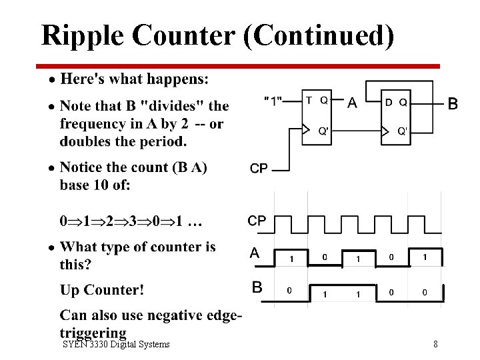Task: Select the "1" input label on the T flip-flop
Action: pyautogui.click(x=274, y=101)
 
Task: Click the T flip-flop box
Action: pyautogui.click(x=317, y=117)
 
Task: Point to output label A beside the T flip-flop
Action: pyautogui.click(x=352, y=103)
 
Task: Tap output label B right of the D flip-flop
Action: pyautogui.click(x=453, y=103)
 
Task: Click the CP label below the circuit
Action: pyautogui.click(x=259, y=169)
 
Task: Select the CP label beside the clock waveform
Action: pyautogui.click(x=257, y=221)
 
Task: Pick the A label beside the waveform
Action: pyautogui.click(x=255, y=253)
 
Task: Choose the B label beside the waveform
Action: pyautogui.click(x=257, y=287)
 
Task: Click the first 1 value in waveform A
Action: pyautogui.click(x=291, y=258)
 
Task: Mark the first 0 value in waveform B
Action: pyautogui.click(x=289, y=291)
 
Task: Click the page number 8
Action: pyautogui.click(x=435, y=344)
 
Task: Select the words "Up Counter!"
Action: pyautogui.click(x=102, y=290)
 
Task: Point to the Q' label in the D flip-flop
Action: pyautogui.click(x=403, y=131)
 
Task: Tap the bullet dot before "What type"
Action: pyautogui.click(x=51, y=248)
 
